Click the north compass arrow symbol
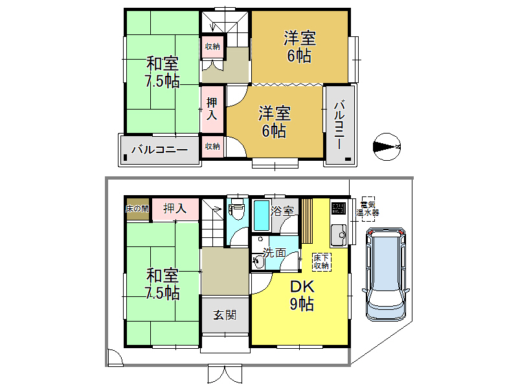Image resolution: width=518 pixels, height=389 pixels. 387,147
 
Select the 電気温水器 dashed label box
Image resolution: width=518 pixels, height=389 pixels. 368,207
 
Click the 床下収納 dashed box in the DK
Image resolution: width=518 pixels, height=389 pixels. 321,261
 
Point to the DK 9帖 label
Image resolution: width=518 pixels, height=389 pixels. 301,295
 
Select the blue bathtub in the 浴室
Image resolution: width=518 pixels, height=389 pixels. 261,216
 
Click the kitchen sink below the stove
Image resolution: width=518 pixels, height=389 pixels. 339,235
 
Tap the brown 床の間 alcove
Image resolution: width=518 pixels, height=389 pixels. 137,209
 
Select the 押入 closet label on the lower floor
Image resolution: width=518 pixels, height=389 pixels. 175,209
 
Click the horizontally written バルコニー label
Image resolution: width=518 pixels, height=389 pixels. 159,150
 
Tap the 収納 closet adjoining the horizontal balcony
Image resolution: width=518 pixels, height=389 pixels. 212,147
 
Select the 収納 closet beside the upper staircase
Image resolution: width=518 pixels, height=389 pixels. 212,47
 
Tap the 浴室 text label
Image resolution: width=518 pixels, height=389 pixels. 283,211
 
